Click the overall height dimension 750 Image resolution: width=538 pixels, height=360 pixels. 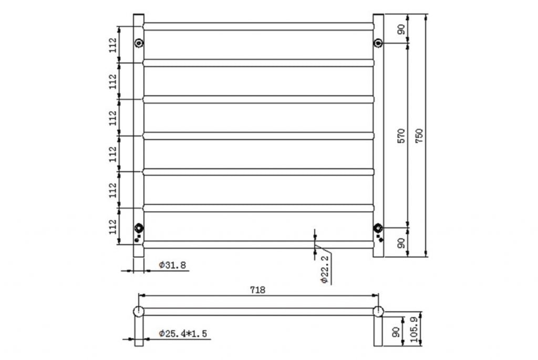click(x=419, y=135)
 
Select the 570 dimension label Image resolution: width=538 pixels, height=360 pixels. click(x=401, y=136)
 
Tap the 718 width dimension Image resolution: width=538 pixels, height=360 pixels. click(x=257, y=290)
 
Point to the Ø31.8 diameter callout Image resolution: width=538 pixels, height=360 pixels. click(x=173, y=265)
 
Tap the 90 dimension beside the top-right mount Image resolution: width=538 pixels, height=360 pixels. click(x=401, y=29)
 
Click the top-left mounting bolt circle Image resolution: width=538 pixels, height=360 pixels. click(x=139, y=43)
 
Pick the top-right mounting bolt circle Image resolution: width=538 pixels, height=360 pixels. click(x=378, y=43)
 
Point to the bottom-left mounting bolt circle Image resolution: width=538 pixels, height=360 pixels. click(x=139, y=228)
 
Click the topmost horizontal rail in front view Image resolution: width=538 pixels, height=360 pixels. click(x=258, y=26)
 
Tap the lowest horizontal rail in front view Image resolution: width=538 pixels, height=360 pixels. click(x=258, y=244)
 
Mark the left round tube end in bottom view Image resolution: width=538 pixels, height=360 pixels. click(x=139, y=311)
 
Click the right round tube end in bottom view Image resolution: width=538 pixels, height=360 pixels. click(x=378, y=311)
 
